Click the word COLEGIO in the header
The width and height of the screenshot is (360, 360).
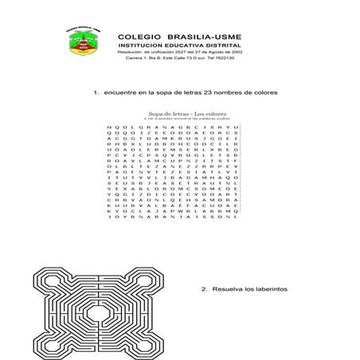pos(137,37)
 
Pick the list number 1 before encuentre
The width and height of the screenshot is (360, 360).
pos(96,93)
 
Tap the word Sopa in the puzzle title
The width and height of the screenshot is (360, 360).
pos(151,114)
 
